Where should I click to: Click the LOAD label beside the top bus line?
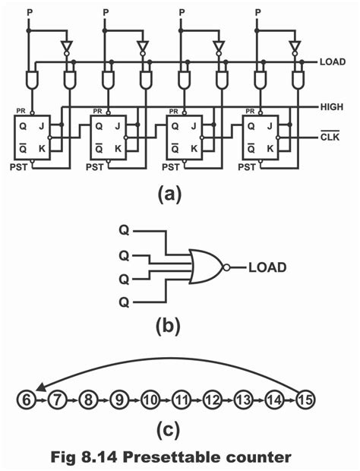point(333,62)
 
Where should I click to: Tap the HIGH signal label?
point(332,107)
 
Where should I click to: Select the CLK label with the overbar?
point(330,137)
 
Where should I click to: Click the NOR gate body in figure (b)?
point(207,266)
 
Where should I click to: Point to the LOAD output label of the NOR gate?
point(267,267)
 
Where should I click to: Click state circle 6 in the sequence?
point(26,400)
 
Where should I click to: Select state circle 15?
point(305,400)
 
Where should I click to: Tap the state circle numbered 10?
point(150,400)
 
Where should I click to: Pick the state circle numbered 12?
point(212,400)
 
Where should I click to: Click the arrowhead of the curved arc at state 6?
point(40,388)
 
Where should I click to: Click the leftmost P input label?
point(30,13)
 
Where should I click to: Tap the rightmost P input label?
point(257,13)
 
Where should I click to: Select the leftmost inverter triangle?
point(66,46)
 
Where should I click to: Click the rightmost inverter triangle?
point(295,46)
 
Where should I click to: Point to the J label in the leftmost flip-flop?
point(42,126)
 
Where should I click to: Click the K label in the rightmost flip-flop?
point(270,148)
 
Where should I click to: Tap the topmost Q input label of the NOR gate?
point(124,231)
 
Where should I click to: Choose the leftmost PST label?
point(18,167)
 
